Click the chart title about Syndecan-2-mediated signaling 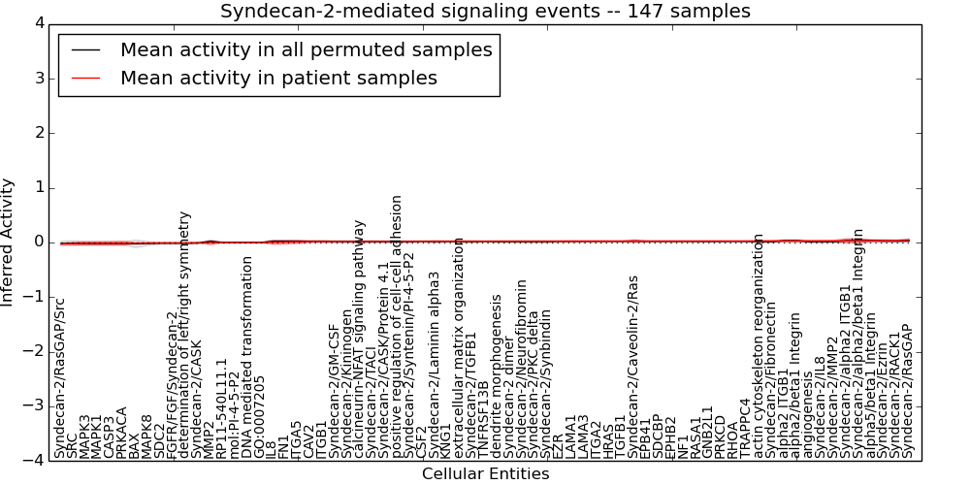485,12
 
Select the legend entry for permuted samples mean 306,49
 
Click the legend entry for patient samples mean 278,78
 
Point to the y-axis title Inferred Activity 9,242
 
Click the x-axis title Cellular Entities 485,474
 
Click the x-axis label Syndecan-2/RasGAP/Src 60,378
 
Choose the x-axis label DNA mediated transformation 246,357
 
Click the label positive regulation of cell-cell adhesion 397,326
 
